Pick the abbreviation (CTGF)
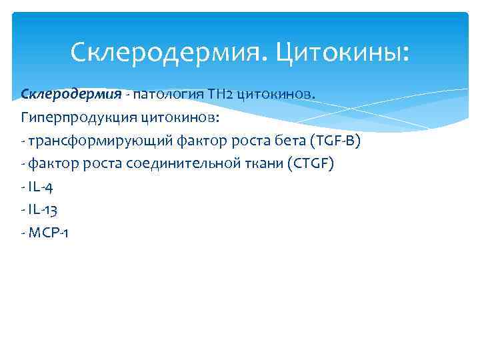309,164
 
